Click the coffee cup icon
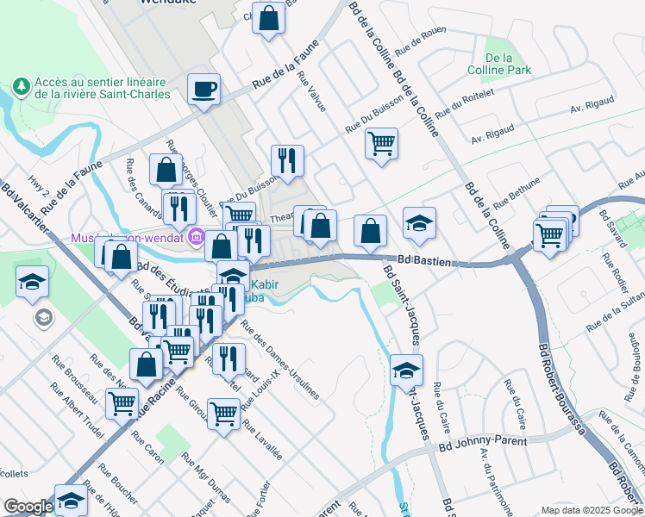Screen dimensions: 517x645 204,90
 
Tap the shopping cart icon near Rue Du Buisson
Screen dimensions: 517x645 380,143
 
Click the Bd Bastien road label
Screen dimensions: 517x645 426,259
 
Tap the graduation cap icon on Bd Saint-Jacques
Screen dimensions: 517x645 406,371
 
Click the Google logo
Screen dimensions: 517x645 28,507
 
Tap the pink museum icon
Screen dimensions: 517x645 196,236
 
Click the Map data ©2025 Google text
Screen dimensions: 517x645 591,510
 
